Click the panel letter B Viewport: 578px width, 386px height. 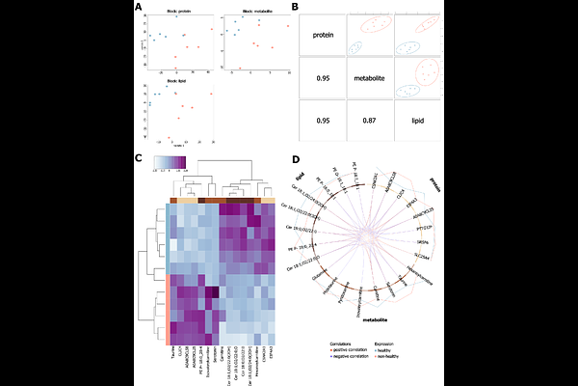pos(294,8)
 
